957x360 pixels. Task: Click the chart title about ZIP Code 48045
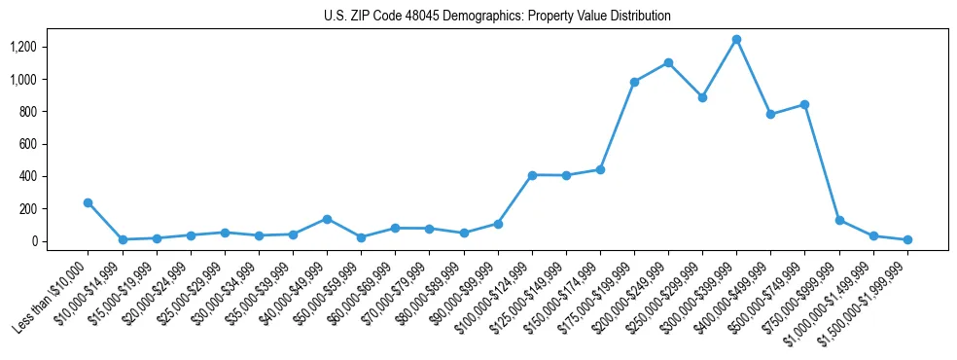click(497, 17)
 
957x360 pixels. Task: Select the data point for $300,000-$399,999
click(736, 40)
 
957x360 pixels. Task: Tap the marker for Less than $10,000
click(89, 202)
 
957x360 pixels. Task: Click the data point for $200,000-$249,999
click(668, 63)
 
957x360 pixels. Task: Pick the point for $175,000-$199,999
click(634, 82)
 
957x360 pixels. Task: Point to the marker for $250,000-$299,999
click(702, 97)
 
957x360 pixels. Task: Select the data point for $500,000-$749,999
click(804, 104)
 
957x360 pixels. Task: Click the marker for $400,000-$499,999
click(770, 114)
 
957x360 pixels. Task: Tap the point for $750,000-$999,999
click(838, 220)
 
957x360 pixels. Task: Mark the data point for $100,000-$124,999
click(532, 175)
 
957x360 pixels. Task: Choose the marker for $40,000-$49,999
click(327, 219)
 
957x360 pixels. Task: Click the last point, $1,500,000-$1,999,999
click(907, 239)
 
